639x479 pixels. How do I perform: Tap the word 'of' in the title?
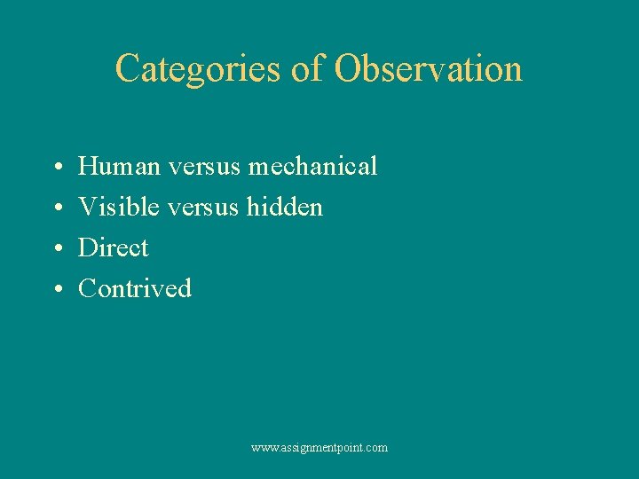[x=306, y=68]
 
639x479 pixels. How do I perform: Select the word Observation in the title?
[x=429, y=68]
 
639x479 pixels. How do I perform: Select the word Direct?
[x=114, y=247]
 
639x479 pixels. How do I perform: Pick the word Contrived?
[x=135, y=288]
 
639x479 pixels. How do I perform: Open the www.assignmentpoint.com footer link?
[x=319, y=448]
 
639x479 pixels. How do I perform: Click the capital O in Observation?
[x=347, y=68]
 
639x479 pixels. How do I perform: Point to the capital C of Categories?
[x=128, y=68]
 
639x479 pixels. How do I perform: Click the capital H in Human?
[x=87, y=166]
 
